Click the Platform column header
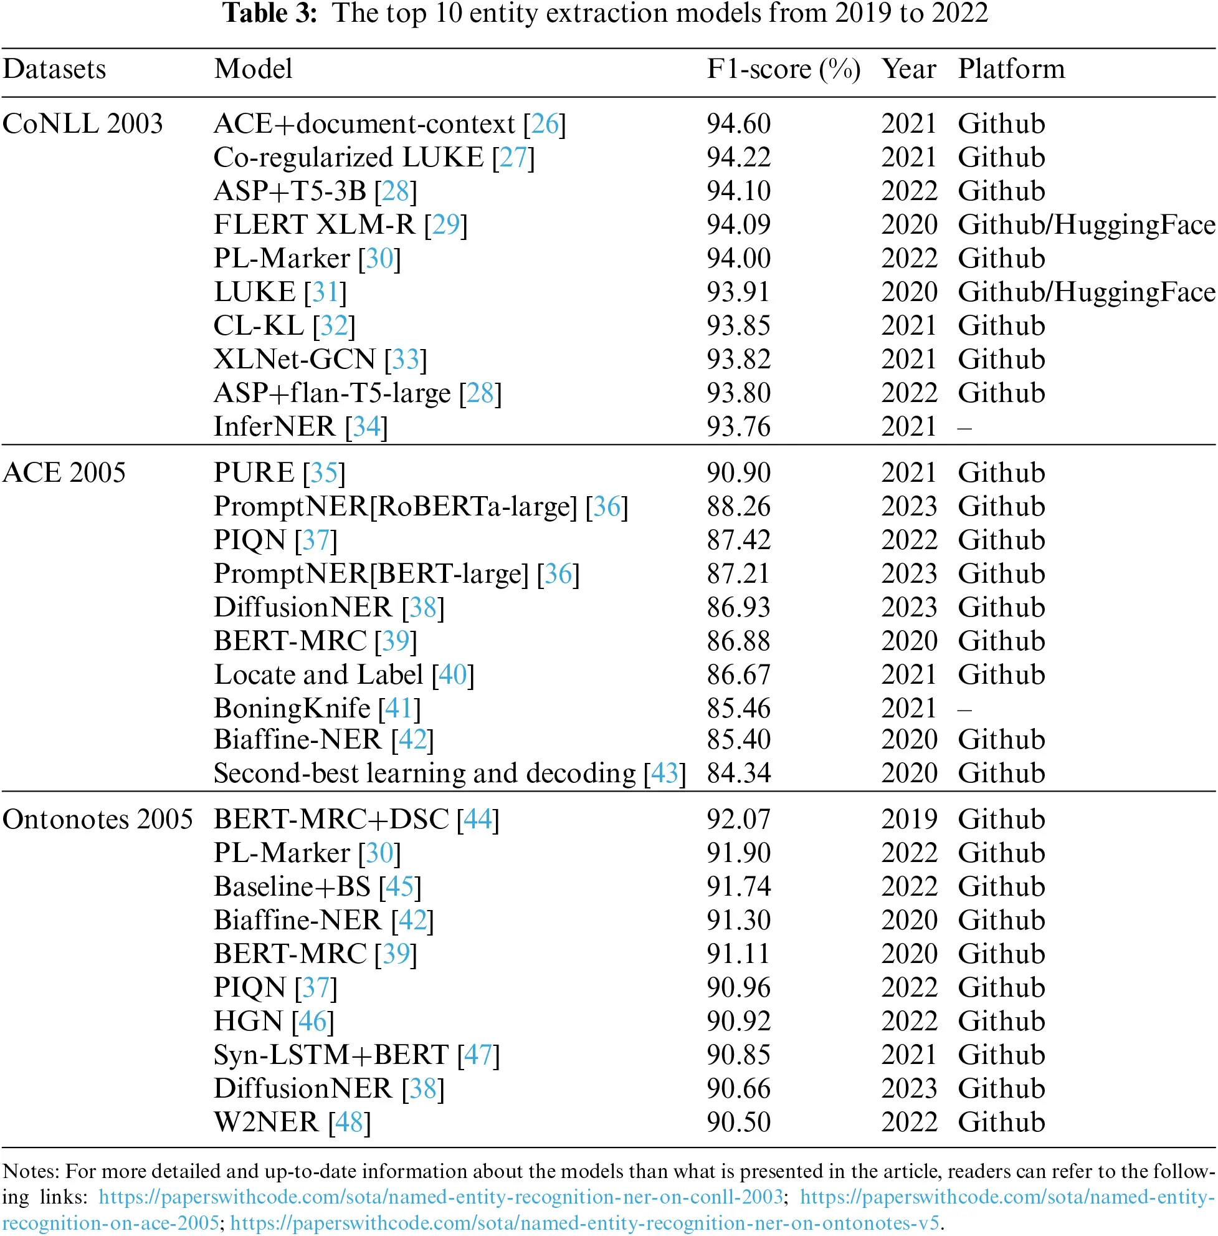1011,69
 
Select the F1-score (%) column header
783,69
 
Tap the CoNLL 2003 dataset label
82,123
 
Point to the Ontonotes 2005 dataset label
97,819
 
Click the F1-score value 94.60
738,123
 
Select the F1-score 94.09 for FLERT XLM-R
738,224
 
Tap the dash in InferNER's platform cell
964,428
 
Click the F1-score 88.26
738,507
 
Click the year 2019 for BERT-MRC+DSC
908,820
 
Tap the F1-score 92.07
738,820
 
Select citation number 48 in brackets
349,1122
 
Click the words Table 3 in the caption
269,13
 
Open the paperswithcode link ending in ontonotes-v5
584,1223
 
